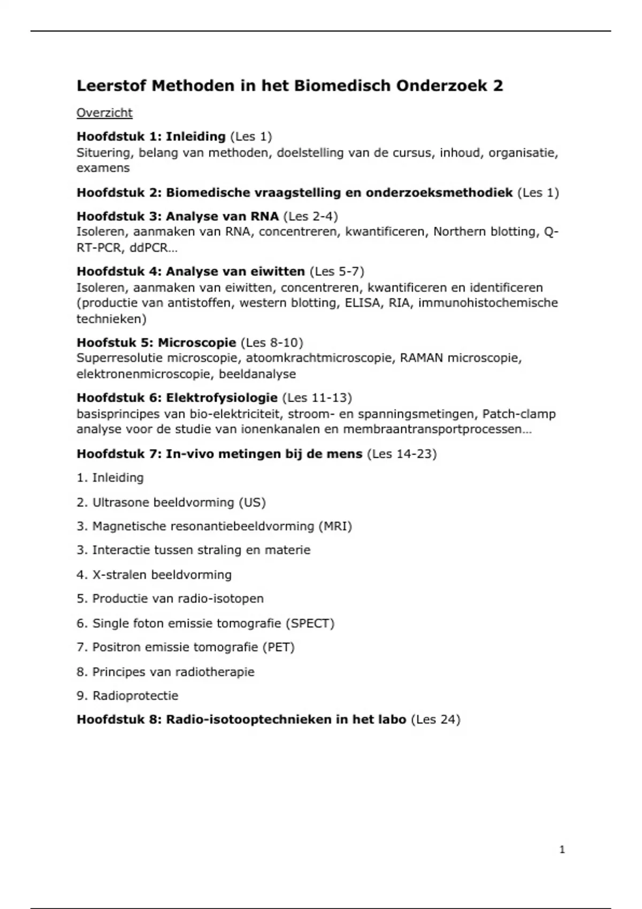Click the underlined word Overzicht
click(104, 113)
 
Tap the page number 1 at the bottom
click(562, 850)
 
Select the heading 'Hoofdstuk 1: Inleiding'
click(151, 136)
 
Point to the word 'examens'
click(103, 168)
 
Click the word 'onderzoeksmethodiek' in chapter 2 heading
click(439, 192)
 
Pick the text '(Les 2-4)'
click(310, 216)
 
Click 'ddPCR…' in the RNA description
click(153, 248)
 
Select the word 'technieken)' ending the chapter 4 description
click(111, 319)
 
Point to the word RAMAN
click(422, 358)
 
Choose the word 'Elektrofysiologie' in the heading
click(221, 398)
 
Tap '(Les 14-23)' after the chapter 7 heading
click(402, 454)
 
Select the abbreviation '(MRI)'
click(335, 526)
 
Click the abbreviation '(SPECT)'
click(310, 623)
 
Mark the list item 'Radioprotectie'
click(135, 696)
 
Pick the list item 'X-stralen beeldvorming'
click(162, 575)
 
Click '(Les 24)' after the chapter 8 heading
click(435, 720)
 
